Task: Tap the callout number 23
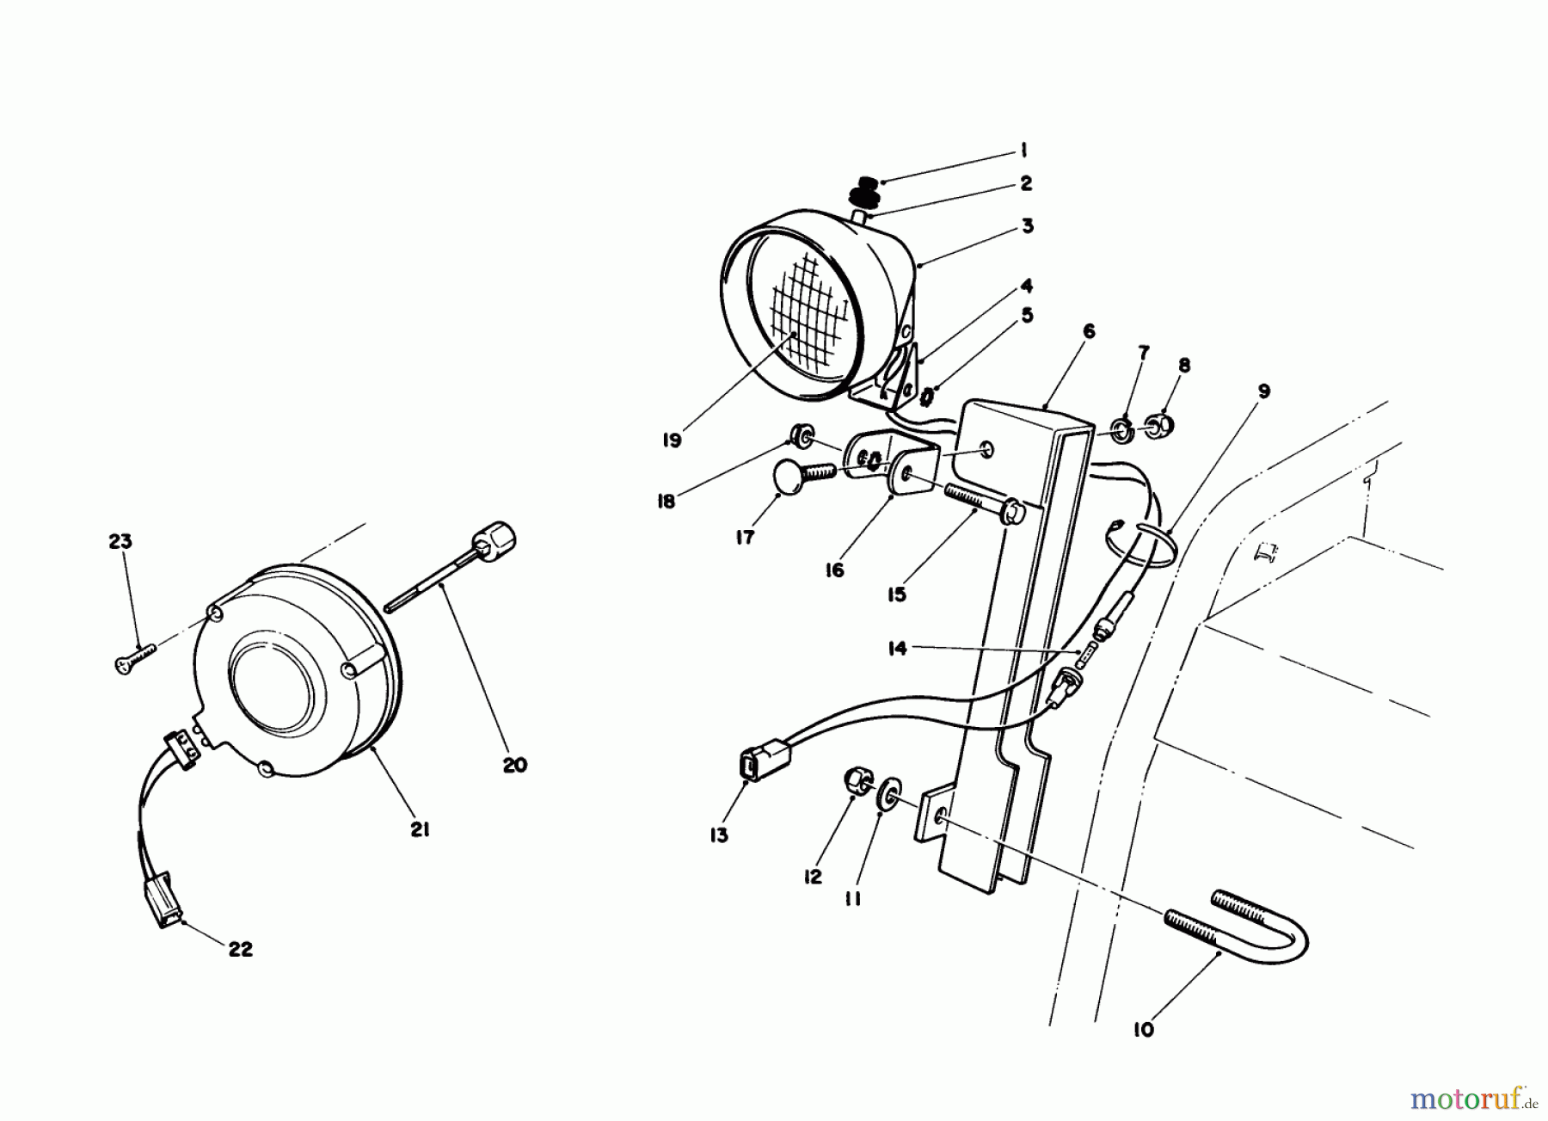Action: [120, 541]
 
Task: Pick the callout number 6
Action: [1089, 331]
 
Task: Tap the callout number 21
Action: [420, 830]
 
